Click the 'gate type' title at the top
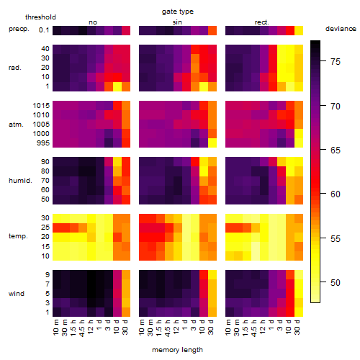tap(178, 12)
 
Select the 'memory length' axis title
tap(178, 350)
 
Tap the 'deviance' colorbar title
tap(341, 29)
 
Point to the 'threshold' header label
tap(40, 17)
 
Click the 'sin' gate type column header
tap(177, 22)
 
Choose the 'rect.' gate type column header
tap(262, 22)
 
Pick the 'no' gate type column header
tap(93, 22)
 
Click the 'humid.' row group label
tap(20, 181)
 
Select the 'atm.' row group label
tap(16, 125)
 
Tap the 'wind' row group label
tap(17, 294)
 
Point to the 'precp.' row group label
tap(19, 29)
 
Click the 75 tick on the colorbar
tap(336, 62)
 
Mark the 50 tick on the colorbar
tap(336, 283)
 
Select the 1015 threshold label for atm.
tap(41, 106)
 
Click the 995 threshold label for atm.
tap(43, 143)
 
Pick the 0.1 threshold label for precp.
tap(44, 30)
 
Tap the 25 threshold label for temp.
tap(45, 228)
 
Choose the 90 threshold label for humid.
tap(45, 162)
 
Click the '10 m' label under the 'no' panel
tap(55, 328)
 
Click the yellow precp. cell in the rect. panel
tap(299, 30)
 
